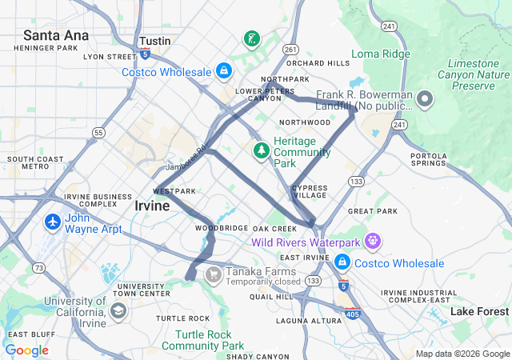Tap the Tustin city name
click(154, 40)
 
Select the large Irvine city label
click(151, 206)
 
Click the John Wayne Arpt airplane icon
click(54, 221)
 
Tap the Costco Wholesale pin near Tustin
click(223, 72)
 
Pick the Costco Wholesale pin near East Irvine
click(342, 262)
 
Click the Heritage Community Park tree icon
click(261, 150)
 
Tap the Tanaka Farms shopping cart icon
click(213, 275)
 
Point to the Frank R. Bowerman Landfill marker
click(424, 100)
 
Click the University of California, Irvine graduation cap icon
click(118, 310)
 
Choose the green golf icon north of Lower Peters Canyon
click(251, 38)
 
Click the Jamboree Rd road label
click(187, 157)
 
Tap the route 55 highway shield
click(98, 132)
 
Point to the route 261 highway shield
click(290, 50)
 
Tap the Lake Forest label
click(479, 311)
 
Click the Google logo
click(26, 350)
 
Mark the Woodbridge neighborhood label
click(222, 228)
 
